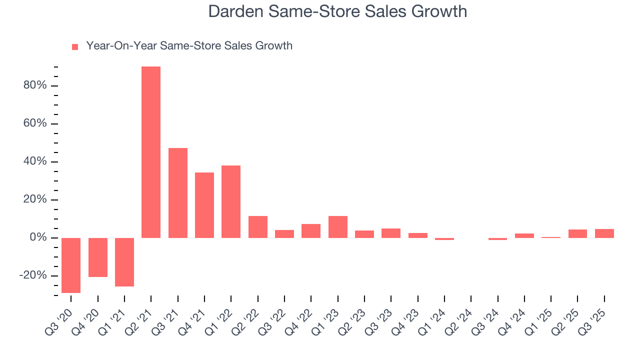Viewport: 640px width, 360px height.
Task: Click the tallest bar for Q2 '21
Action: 151,152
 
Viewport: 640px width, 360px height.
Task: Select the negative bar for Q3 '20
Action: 71,265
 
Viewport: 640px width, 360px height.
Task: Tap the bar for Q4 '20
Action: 98,257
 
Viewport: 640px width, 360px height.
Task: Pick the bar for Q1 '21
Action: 124,262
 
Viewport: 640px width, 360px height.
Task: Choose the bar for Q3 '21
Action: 178,192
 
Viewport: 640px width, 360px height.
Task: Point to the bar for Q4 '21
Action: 204,205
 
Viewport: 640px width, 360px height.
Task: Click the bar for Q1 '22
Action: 231,201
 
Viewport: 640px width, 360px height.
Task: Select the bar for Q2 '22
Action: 258,226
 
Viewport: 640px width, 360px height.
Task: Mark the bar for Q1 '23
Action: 338,226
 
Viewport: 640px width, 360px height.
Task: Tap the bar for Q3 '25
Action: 604,233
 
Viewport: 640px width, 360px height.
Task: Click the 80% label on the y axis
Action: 35,85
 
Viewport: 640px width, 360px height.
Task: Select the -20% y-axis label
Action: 33,275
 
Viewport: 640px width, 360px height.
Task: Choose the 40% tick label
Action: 35,161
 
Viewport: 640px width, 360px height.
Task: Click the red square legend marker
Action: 75,46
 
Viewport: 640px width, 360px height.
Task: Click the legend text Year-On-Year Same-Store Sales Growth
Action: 189,46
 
